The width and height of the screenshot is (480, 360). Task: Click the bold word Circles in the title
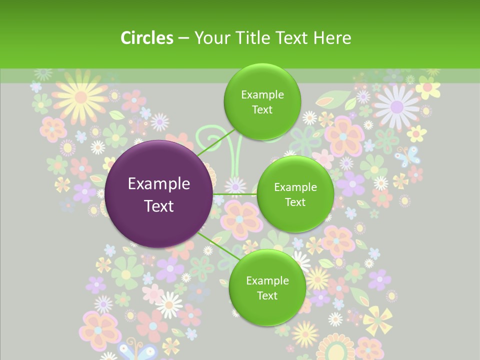click(x=147, y=38)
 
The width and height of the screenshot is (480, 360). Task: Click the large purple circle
click(x=159, y=194)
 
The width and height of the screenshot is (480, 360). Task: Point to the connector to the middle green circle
click(x=234, y=194)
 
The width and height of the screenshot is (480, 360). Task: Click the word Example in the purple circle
click(x=159, y=184)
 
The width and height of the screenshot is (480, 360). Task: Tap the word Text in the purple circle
click(x=159, y=206)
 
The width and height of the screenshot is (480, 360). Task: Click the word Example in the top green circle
click(x=262, y=95)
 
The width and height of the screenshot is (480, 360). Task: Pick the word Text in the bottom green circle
click(x=267, y=295)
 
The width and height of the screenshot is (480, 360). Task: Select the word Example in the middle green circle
click(x=295, y=187)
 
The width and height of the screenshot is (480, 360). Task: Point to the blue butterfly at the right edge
click(x=407, y=155)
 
